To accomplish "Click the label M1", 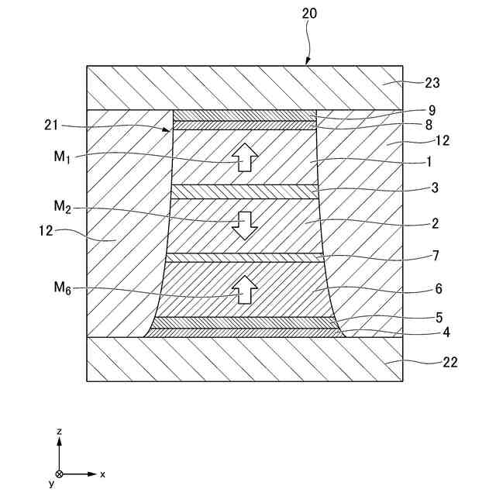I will tap(61, 157).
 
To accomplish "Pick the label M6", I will tap(61, 288).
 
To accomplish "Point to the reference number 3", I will tap(436, 188).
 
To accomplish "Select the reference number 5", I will tap(438, 317).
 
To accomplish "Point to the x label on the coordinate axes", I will tap(102, 473).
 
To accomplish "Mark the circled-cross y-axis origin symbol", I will tap(59, 474).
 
